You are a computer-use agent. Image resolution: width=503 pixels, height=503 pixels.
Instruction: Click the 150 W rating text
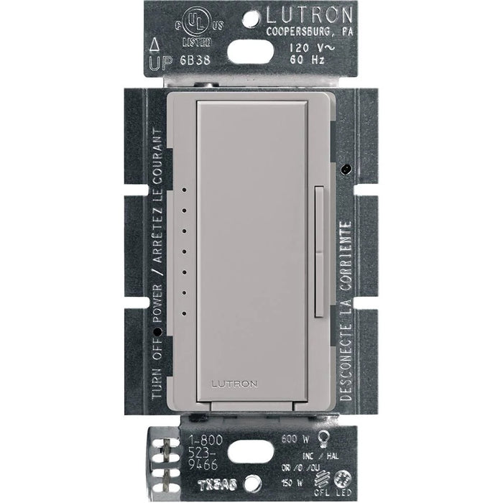[308, 481]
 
